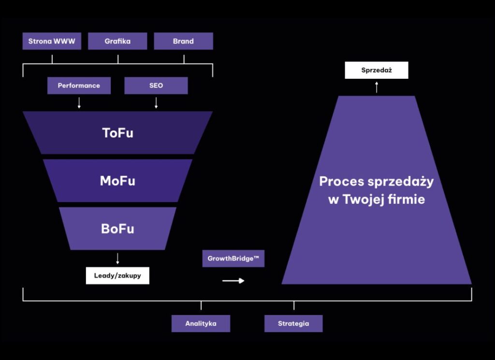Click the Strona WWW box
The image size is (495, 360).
click(x=52, y=41)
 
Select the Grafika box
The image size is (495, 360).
click(x=117, y=41)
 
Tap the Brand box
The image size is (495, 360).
click(x=183, y=41)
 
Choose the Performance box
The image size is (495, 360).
click(x=79, y=86)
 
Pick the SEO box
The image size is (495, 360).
click(x=156, y=86)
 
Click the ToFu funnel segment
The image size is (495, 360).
click(x=117, y=133)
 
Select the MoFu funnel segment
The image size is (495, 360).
click(x=117, y=181)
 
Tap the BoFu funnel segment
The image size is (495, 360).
click(x=117, y=229)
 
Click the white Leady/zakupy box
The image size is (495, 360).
click(x=117, y=275)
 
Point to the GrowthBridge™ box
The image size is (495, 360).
click(x=233, y=259)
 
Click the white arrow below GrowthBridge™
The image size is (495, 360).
click(x=233, y=281)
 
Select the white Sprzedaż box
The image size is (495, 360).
click(x=377, y=70)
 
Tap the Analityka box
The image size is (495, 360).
click(x=201, y=323)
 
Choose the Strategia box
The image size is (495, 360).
click(x=293, y=323)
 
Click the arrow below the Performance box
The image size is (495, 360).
click(x=79, y=103)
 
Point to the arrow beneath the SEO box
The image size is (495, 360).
click(x=156, y=103)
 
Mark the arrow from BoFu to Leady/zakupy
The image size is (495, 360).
click(x=117, y=258)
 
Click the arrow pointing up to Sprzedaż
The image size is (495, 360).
click(x=377, y=86)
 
